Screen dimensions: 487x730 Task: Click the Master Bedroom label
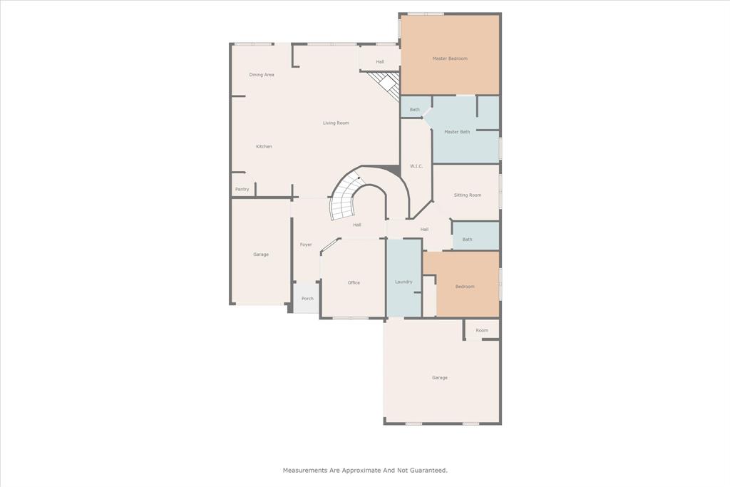[x=450, y=58]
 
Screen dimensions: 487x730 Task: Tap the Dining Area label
[x=262, y=75]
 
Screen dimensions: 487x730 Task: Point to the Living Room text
[x=336, y=123]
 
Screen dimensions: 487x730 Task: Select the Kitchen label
[x=264, y=147]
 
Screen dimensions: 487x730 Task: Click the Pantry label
[x=242, y=189]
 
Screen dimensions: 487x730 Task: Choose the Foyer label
[x=306, y=245]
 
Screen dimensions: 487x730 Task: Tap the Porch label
[x=307, y=299]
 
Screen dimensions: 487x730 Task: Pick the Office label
[x=354, y=283]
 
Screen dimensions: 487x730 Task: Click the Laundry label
[x=403, y=282]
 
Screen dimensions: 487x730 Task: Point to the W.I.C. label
[x=417, y=166]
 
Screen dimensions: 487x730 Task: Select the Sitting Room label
[x=468, y=195]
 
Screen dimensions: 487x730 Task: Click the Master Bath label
[x=457, y=132]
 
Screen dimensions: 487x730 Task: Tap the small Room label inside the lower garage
[x=482, y=331]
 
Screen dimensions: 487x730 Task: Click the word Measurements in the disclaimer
[x=305, y=471]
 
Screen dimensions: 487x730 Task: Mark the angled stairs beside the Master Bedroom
[x=387, y=85]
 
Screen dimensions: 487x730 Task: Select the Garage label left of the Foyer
[x=261, y=255]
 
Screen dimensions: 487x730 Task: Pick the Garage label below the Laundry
[x=440, y=378]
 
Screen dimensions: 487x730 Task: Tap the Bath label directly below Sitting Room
[x=467, y=240]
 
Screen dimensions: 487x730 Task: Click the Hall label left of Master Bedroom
[x=380, y=62]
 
